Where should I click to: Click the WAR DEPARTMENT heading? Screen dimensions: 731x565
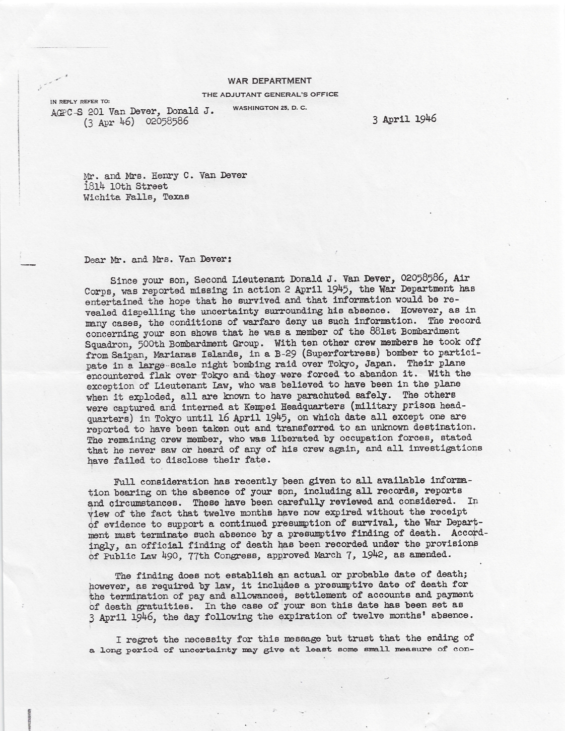pyautogui.click(x=269, y=81)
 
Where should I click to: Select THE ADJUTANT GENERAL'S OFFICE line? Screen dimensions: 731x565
pyautogui.click(x=270, y=94)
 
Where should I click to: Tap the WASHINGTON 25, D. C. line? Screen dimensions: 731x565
pyautogui.click(x=263, y=108)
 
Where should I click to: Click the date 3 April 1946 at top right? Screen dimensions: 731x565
pyautogui.click(x=404, y=119)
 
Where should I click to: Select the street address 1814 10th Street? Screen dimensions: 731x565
pyautogui.click(x=125, y=186)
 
